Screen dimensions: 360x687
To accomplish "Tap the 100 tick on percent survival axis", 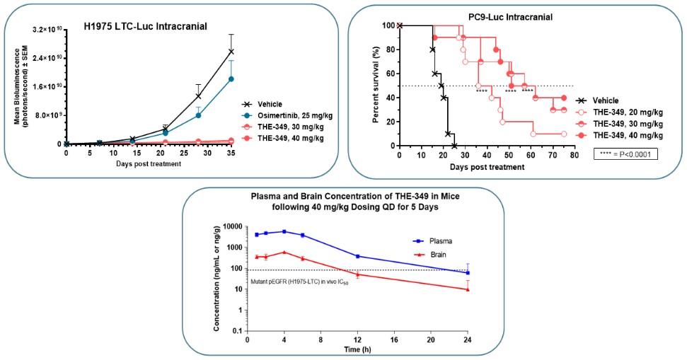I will [x=388, y=25].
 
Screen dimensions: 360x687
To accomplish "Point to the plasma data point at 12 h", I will [x=357, y=256].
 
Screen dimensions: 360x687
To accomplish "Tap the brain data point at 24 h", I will [x=468, y=289].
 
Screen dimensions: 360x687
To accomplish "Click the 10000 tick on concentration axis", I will [x=231, y=227].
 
